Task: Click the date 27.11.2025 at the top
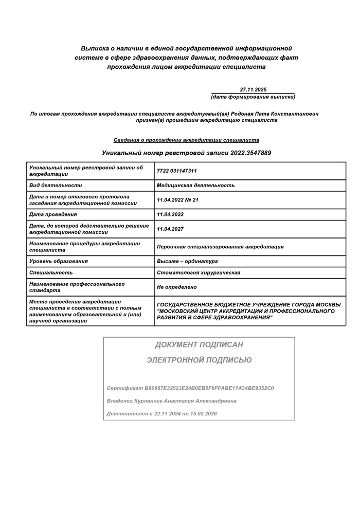pyautogui.click(x=253, y=89)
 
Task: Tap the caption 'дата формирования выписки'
pyautogui.click(x=253, y=97)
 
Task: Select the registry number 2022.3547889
pyautogui.click(x=251, y=153)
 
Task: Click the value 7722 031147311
pyautogui.click(x=177, y=171)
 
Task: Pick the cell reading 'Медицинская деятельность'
pyautogui.click(x=195, y=185)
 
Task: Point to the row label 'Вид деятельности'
pyautogui.click(x=56, y=185)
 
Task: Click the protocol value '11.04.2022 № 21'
pyautogui.click(x=177, y=200)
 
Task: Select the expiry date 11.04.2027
pyautogui.click(x=170, y=229)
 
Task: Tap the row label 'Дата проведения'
pyautogui.click(x=53, y=214)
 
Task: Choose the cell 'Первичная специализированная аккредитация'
pyautogui.click(x=220, y=247)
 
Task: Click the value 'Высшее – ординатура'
pyautogui.click(x=187, y=261)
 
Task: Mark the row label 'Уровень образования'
pyautogui.click(x=59, y=261)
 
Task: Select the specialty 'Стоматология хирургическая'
pyautogui.click(x=199, y=272)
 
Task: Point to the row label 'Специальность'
pyautogui.click(x=51, y=272)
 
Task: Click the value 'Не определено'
pyautogui.click(x=177, y=287)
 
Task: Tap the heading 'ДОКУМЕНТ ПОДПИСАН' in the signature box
pyautogui.click(x=199, y=344)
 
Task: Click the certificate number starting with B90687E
pyautogui.click(x=209, y=388)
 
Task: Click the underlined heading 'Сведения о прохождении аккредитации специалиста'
pyautogui.click(x=186, y=140)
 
